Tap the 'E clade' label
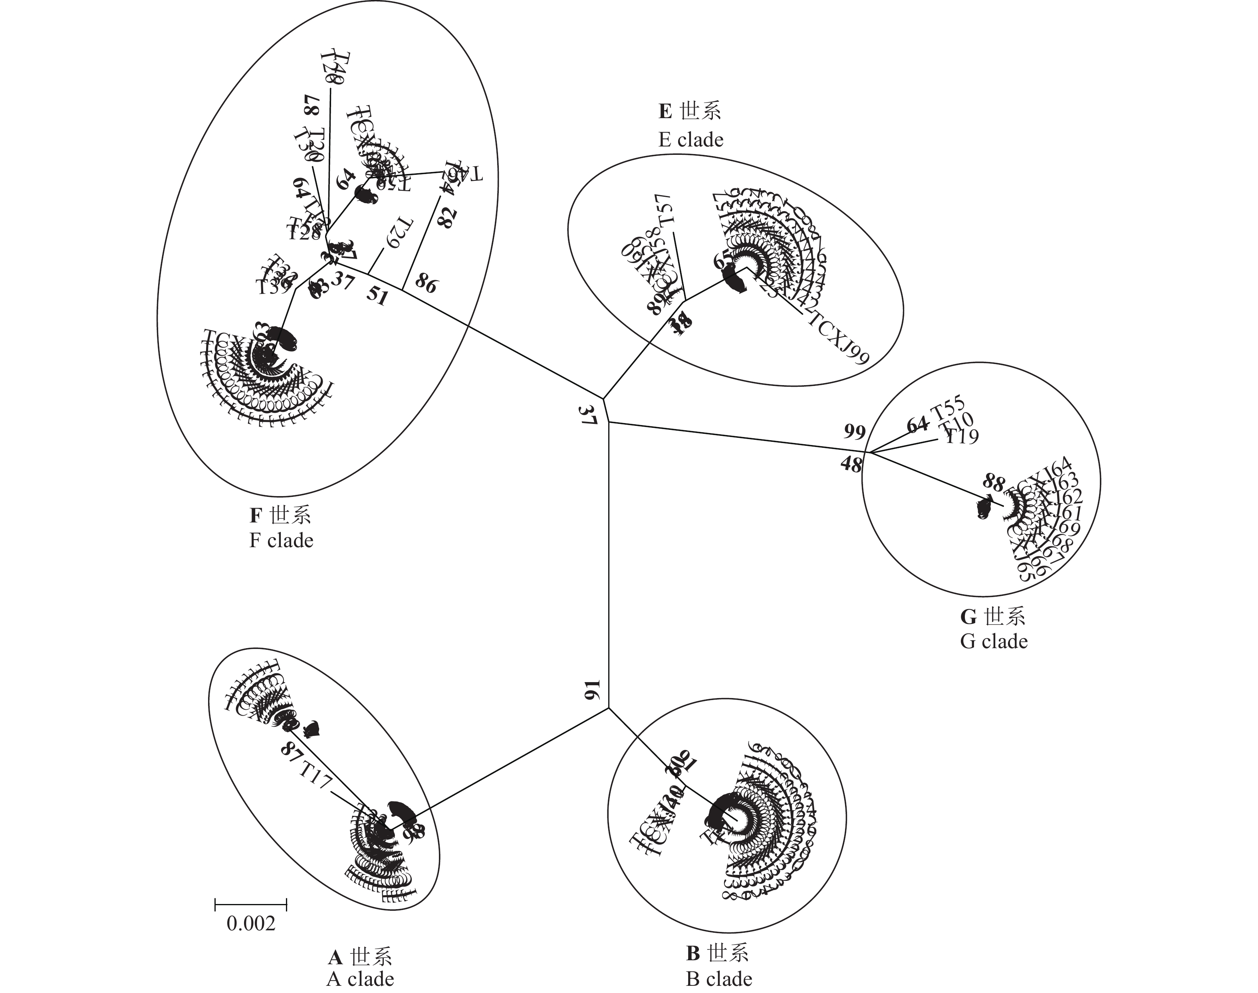coord(691,140)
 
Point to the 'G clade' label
coord(993,641)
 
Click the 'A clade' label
coord(360,979)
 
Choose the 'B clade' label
coord(719,979)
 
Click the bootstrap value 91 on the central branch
coord(591,691)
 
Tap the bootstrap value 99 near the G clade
coord(854,432)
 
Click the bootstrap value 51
coord(377,296)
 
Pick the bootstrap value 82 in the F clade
coord(447,218)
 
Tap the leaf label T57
coord(665,210)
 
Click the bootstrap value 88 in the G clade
coord(993,482)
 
